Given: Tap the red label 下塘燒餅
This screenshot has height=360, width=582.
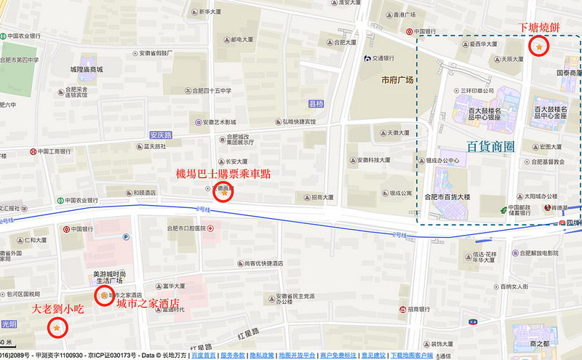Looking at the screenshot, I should point(539,28).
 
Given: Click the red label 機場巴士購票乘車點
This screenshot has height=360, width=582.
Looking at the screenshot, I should point(223,175).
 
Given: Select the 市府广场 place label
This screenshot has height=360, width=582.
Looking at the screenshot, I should point(397,80).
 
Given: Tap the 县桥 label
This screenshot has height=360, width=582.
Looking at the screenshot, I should point(316,104).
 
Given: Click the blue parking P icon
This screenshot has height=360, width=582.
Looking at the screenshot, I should point(125,236).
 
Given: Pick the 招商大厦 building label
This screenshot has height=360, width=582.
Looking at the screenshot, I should point(317,196).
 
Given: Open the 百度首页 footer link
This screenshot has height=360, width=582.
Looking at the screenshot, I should point(203,356).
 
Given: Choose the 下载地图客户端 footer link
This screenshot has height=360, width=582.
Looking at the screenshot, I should point(412,356).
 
